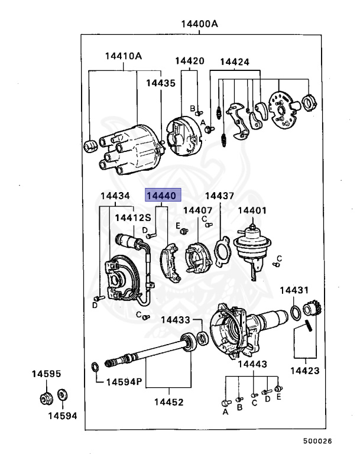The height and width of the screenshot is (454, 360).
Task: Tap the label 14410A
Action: pyautogui.click(x=124, y=56)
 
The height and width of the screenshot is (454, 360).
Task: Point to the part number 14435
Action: pyautogui.click(x=161, y=83)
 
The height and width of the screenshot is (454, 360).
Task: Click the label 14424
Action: pyautogui.click(x=235, y=61)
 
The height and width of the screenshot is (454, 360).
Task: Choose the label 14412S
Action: pyautogui.click(x=133, y=217)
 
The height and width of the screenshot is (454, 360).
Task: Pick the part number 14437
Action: pyautogui.click(x=219, y=196)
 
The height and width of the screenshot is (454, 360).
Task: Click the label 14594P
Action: pyautogui.click(x=124, y=382)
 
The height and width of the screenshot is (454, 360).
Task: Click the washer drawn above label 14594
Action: pyautogui.click(x=63, y=394)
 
